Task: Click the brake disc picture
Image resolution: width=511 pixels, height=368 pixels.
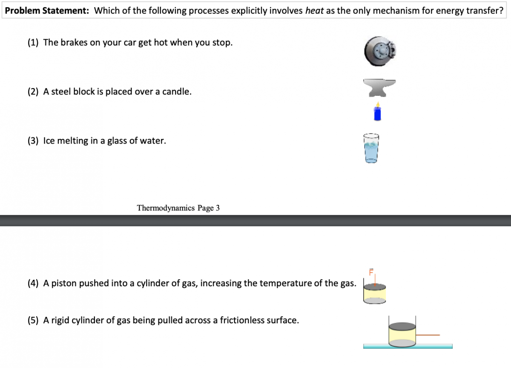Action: (x=380, y=52)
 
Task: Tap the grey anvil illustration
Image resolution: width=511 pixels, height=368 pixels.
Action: (x=379, y=88)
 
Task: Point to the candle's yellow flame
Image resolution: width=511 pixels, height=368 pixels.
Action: (x=378, y=104)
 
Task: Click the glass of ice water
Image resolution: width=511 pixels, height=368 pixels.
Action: (x=371, y=148)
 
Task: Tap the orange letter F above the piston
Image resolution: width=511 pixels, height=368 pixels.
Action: (x=371, y=272)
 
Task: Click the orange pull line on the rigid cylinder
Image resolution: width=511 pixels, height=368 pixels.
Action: (x=428, y=335)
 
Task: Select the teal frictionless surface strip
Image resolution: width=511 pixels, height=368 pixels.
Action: (x=408, y=346)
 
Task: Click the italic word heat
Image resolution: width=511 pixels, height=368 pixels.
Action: (x=314, y=11)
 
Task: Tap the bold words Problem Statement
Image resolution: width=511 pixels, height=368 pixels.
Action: (x=47, y=11)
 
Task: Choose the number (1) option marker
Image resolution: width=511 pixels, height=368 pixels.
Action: (x=33, y=43)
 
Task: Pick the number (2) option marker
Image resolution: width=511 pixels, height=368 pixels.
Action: (x=33, y=92)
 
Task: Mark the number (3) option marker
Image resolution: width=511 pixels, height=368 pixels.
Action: (x=33, y=141)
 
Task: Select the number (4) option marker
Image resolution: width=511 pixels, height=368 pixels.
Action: (x=33, y=283)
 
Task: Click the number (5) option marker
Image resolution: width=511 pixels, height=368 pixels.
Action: (x=33, y=320)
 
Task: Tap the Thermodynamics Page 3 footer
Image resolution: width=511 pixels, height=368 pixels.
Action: (x=178, y=208)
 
